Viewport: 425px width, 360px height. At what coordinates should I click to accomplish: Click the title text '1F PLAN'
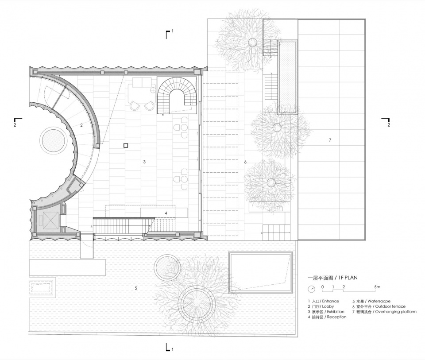coord(348,278)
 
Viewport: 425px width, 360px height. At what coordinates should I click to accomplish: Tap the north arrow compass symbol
coord(312,289)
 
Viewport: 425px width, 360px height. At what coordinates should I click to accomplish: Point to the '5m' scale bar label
coord(377,287)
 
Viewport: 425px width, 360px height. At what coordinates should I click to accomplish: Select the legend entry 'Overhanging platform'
coord(396,312)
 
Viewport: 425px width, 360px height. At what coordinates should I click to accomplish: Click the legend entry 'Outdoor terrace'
coord(390,306)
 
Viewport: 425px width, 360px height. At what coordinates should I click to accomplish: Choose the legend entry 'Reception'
coord(336,317)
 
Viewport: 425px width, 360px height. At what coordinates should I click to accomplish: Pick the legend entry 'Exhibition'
coord(336,312)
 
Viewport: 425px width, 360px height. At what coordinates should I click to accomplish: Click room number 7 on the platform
coord(330,140)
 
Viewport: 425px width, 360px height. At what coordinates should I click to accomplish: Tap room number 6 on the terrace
coord(245,162)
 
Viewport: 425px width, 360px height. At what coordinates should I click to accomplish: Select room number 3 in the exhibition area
coord(144,162)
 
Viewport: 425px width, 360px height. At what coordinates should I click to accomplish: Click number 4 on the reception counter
coord(166,213)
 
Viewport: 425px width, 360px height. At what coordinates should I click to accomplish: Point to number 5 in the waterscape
coord(136,288)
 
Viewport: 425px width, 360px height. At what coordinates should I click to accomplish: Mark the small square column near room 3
coord(125,145)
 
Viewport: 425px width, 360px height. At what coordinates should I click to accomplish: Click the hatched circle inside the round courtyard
coord(53,140)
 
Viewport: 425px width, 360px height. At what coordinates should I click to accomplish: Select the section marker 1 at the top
coord(169,34)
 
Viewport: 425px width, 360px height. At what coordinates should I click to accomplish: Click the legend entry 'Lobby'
coord(328,306)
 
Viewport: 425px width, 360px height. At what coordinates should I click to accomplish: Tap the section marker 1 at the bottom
coord(169,347)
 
